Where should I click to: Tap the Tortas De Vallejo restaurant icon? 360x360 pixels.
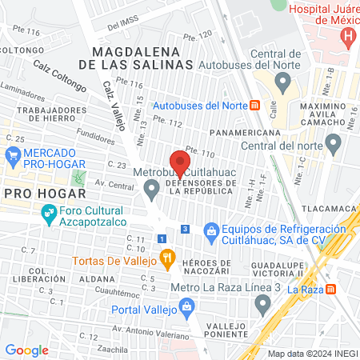[166, 257]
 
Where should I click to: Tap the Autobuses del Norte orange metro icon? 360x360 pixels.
[254, 105]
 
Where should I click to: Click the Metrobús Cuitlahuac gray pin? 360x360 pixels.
[151, 189]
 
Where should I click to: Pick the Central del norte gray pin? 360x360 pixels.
[333, 145]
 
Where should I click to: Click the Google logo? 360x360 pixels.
[26, 350]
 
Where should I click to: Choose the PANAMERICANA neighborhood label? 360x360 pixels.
[245, 133]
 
